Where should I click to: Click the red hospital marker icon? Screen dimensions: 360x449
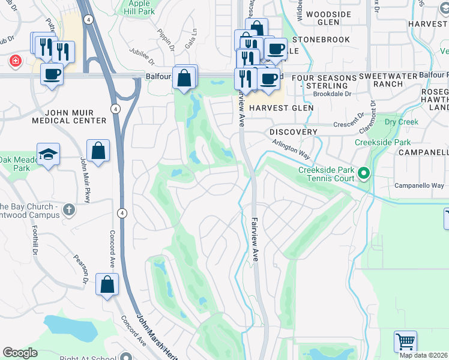pos(14,61)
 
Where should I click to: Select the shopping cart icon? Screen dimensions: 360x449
pos(406,341)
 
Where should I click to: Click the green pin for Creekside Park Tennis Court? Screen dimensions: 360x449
pos(363,175)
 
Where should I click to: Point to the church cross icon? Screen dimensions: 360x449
pos(69,209)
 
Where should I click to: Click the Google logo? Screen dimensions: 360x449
pos(20,353)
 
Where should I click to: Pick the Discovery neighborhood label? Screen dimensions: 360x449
pos(293,131)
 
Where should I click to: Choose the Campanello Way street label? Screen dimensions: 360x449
pos(419,185)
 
